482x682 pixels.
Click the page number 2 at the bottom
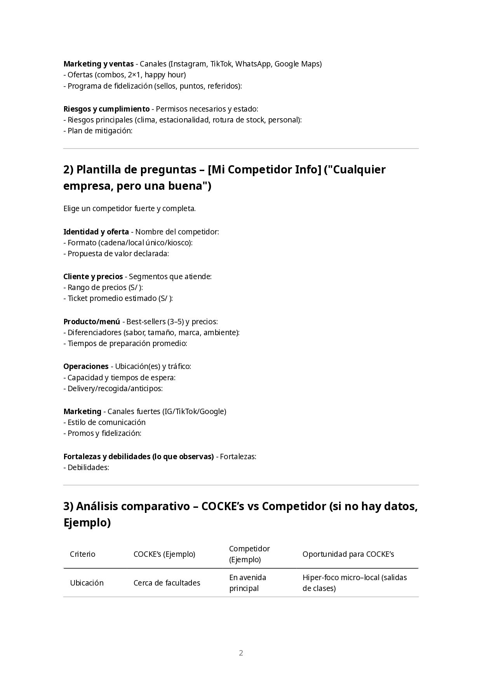click(241, 653)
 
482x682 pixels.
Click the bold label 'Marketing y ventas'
click(98, 64)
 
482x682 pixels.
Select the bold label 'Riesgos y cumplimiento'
click(106, 109)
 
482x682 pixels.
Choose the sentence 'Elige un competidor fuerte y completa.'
click(129, 208)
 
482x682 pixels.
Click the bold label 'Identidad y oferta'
click(96, 232)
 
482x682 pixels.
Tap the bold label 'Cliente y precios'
click(93, 276)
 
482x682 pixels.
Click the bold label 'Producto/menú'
click(92, 322)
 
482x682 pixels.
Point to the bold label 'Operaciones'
click(86, 366)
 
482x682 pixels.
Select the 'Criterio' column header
click(82, 554)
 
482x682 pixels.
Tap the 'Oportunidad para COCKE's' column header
click(348, 554)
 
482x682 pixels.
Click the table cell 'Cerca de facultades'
click(167, 583)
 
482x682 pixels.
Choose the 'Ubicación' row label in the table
click(87, 583)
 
